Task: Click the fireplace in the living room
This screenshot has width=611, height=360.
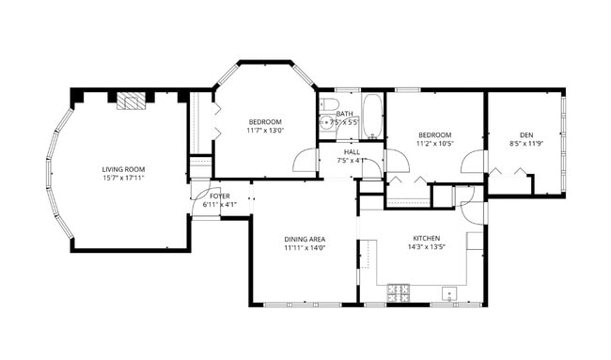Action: pyautogui.click(x=132, y=102)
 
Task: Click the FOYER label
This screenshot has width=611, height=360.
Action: pyautogui.click(x=220, y=196)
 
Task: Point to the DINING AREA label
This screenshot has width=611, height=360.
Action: pyautogui.click(x=304, y=239)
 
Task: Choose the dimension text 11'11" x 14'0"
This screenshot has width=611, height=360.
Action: pyautogui.click(x=304, y=248)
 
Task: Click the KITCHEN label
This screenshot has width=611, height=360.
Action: pyautogui.click(x=427, y=238)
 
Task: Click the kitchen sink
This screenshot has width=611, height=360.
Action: pyautogui.click(x=449, y=294)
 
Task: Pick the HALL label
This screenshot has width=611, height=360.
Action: pyautogui.click(x=352, y=151)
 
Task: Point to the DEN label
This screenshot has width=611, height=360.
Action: pyautogui.click(x=525, y=134)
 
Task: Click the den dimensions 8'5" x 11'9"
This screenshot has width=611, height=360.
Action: pyautogui.click(x=525, y=144)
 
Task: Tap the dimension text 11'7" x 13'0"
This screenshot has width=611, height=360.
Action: pyautogui.click(x=265, y=131)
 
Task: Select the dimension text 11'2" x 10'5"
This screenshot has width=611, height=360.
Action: pyautogui.click(x=435, y=144)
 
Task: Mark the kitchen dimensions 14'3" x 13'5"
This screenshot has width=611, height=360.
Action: pyautogui.click(x=427, y=247)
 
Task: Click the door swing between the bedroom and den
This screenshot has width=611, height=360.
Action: pyautogui.click(x=474, y=162)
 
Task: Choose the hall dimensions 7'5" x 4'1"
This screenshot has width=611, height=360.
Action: pyautogui.click(x=352, y=161)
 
